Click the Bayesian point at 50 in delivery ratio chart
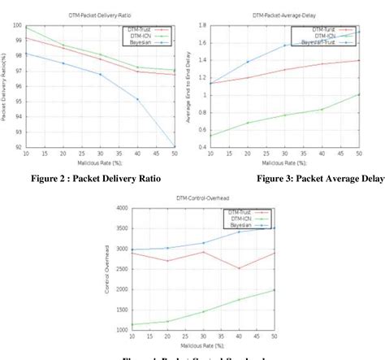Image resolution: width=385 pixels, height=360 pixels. (x=175, y=147)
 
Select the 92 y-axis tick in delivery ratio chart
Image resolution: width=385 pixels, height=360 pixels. (x=17, y=147)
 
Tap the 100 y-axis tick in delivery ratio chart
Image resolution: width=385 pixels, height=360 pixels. (x=15, y=26)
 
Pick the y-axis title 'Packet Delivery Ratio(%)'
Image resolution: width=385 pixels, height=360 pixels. (x=5, y=88)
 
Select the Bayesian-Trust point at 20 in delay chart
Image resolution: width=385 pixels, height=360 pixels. (x=248, y=62)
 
